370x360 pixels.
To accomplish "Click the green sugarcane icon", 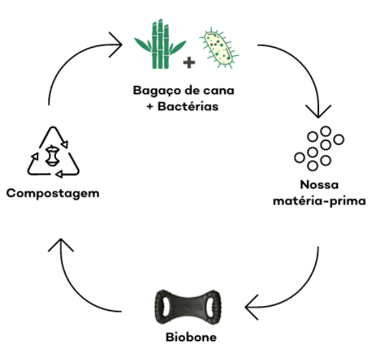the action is [x=160, y=44].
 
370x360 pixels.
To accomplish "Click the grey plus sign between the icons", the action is [x=189, y=62].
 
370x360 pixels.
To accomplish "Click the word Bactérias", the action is [x=188, y=106].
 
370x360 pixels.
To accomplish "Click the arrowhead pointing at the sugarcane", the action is [x=116, y=44].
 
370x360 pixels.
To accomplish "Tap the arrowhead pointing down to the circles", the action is [x=319, y=111].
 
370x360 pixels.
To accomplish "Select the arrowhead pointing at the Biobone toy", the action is [x=252, y=307].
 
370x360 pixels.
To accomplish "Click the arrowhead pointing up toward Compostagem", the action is [x=61, y=245].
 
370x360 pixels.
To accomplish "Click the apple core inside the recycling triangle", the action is [x=52, y=156].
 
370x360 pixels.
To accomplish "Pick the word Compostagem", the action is [x=53, y=194].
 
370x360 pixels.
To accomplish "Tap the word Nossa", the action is [x=319, y=185].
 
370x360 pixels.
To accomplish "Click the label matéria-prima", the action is [x=319, y=201].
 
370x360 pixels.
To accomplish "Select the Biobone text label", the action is [x=191, y=337].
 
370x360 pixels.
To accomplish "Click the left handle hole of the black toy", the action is [x=165, y=306].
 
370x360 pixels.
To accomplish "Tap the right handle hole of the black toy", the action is [x=210, y=306].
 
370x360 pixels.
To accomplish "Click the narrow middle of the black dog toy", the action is [x=188, y=307].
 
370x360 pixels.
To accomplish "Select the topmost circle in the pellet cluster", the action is [x=326, y=132].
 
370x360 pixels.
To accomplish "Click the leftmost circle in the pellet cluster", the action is [x=300, y=158].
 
